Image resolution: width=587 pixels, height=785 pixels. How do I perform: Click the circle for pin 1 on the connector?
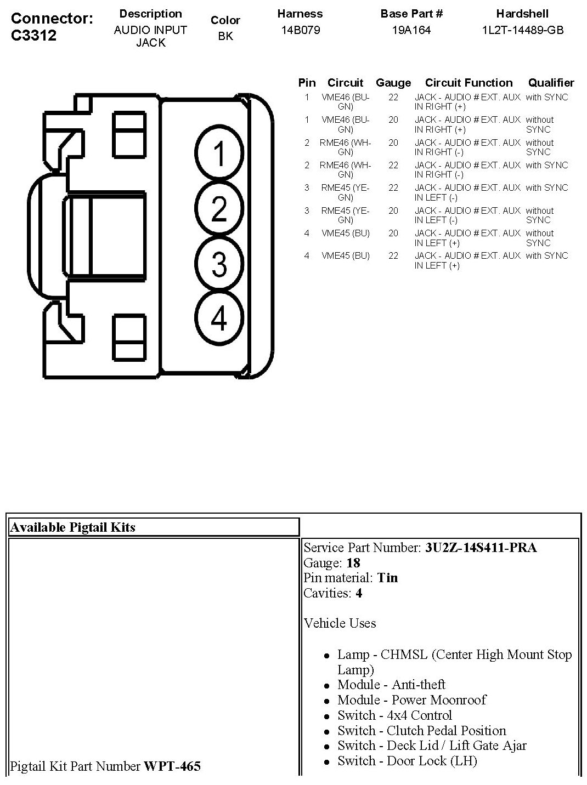[x=219, y=153]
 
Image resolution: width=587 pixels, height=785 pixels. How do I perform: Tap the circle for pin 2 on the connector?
[x=219, y=209]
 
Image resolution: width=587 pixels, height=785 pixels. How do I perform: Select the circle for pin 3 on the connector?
[x=219, y=264]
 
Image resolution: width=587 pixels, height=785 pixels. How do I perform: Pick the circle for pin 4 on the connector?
[x=219, y=318]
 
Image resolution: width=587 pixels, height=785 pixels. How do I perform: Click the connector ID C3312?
[x=34, y=35]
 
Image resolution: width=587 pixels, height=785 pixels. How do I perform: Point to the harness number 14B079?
[x=300, y=30]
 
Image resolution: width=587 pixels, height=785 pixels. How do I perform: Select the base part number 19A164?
[x=411, y=30]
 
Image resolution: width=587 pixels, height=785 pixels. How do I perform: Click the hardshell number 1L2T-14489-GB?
[x=522, y=30]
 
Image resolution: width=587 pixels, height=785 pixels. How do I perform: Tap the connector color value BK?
[x=225, y=37]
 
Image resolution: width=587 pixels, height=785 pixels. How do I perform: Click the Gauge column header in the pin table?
[x=393, y=83]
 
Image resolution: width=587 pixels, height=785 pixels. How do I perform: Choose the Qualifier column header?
[x=551, y=83]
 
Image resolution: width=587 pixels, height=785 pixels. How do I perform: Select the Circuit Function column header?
[x=469, y=83]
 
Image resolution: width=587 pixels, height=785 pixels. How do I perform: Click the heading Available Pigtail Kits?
[x=72, y=527]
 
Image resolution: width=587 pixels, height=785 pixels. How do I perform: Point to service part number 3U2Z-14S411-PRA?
[x=481, y=548]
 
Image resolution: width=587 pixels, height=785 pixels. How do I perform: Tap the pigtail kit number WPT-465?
[x=172, y=766]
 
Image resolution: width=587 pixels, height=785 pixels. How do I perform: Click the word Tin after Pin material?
[x=387, y=578]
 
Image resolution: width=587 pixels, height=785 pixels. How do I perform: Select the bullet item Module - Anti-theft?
[x=391, y=685]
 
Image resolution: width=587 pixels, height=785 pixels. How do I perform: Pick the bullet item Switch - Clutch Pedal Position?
[x=421, y=731]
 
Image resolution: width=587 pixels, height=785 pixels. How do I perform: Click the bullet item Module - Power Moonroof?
[x=411, y=700]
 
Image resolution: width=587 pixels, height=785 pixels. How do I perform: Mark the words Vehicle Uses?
[x=340, y=623]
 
